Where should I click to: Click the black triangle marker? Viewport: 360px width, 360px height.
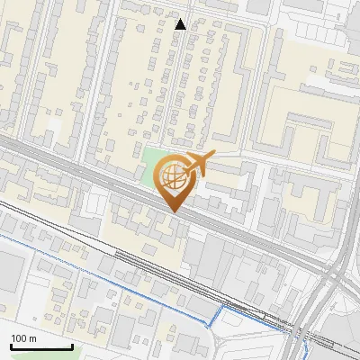tap(181, 24)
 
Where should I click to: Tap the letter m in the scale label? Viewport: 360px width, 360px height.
tap(32, 338)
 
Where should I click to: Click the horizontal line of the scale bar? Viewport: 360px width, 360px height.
tap(40, 347)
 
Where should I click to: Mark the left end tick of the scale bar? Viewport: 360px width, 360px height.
tap(10, 346)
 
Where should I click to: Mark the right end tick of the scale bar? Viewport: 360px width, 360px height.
tap(72, 346)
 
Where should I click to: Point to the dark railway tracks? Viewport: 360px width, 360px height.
tap(135, 261)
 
